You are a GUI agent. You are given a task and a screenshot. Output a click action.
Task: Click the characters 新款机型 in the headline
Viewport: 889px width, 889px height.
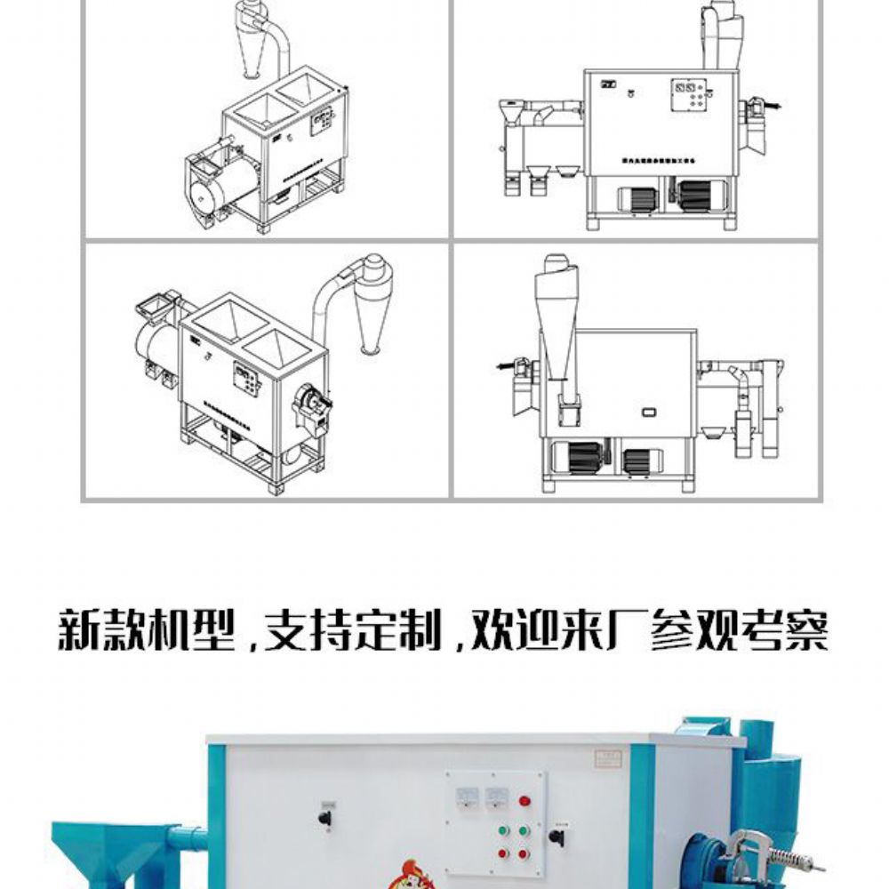click(x=146, y=630)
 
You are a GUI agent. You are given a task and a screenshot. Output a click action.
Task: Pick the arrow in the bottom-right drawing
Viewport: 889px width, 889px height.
click(x=506, y=364)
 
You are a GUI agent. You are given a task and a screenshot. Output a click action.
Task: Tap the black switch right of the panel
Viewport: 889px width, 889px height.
click(x=557, y=837)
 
